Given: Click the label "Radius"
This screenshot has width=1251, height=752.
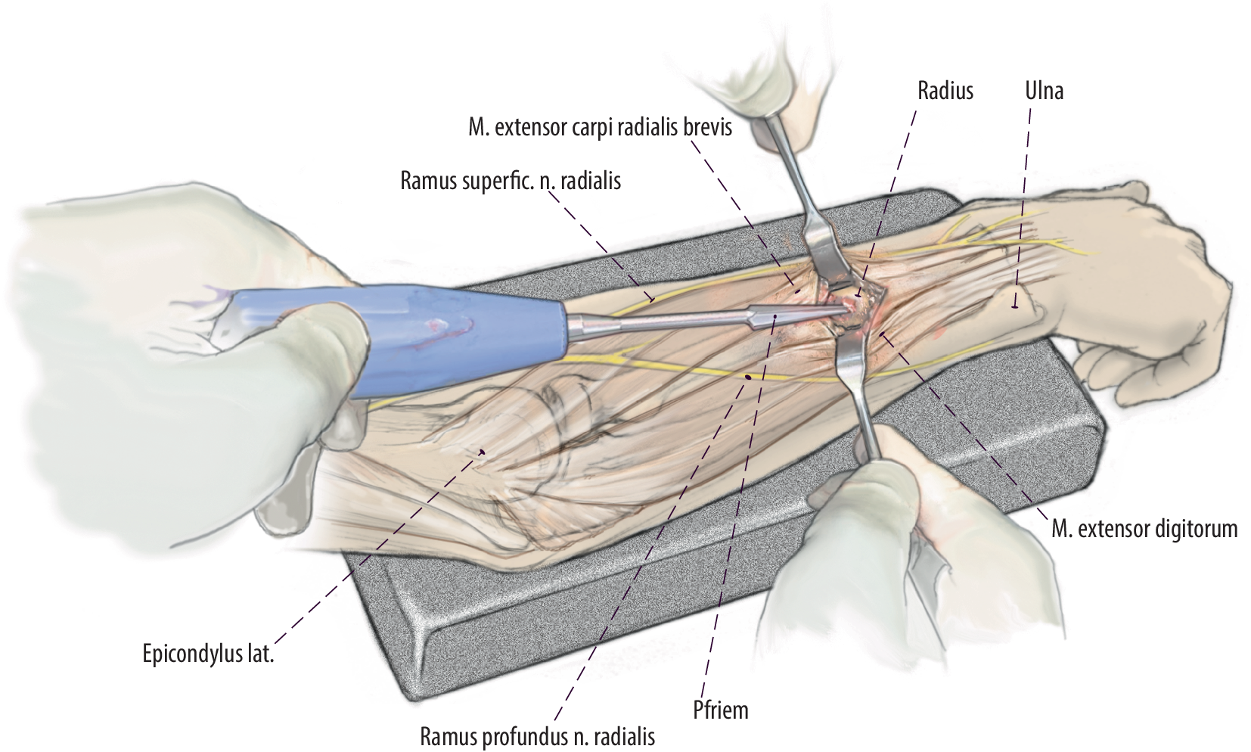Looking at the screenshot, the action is point(945,91).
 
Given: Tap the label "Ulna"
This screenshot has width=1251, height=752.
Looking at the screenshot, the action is point(1044,91).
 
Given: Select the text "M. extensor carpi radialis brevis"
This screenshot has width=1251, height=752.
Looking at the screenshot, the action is point(600,127).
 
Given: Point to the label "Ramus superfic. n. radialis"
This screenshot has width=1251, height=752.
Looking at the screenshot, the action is point(511,182).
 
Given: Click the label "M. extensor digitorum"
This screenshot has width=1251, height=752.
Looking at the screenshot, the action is point(1144,528).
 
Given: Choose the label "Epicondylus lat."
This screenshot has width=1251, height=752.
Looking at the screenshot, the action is point(208,654).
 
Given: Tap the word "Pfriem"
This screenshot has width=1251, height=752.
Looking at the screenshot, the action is point(720,710).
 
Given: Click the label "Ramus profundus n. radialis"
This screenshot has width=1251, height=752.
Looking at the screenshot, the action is point(538,735).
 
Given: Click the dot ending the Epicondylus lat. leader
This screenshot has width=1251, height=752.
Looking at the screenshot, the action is point(482,452).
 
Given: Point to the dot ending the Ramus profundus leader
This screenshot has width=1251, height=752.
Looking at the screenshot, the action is point(748,376).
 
